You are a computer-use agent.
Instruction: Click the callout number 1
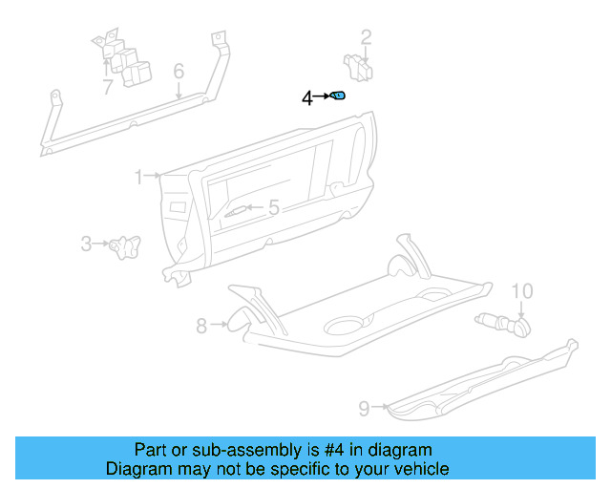138,176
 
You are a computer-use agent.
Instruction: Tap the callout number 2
366,38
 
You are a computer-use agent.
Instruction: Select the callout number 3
86,244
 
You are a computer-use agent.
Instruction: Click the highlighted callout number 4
307,97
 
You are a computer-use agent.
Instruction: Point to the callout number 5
273,207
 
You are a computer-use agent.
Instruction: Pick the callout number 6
179,72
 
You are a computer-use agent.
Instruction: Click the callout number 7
107,87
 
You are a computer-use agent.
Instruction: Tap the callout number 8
201,327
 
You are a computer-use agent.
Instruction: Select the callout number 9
364,409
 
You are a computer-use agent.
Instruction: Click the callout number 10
522,290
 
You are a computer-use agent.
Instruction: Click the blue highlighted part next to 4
338,96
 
